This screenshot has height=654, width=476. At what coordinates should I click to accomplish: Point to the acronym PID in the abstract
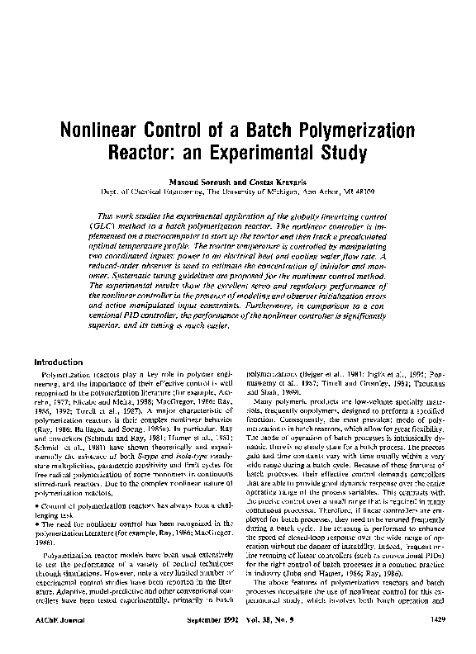136,315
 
